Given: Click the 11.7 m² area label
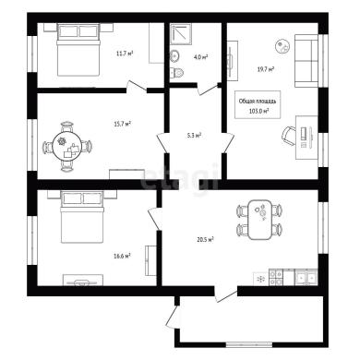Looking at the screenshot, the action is click(125, 54).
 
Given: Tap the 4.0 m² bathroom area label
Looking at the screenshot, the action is click(201, 57).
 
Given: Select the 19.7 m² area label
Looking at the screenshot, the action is click(266, 69).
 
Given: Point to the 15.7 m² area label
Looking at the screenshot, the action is click(123, 124).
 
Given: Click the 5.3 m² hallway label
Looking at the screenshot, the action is click(195, 135).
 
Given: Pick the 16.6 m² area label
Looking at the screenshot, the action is click(122, 256).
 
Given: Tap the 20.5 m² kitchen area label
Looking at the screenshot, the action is click(206, 239).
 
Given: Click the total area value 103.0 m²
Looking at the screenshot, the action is click(258, 111).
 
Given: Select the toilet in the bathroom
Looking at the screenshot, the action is click(176, 73).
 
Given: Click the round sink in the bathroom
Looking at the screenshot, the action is click(175, 55).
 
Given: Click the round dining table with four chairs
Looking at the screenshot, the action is click(67, 147).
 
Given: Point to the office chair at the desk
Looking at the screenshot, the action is click(289, 136).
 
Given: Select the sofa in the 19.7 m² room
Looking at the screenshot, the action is click(306, 61).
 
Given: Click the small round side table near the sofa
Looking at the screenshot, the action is click(282, 46).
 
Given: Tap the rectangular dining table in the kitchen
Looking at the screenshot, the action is click(260, 220).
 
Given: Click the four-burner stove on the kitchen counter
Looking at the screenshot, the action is click(275, 277).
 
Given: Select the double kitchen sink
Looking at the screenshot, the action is click(306, 277).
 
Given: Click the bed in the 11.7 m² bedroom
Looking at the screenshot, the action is click(78, 50).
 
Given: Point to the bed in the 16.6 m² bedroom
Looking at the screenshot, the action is click(82, 217).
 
